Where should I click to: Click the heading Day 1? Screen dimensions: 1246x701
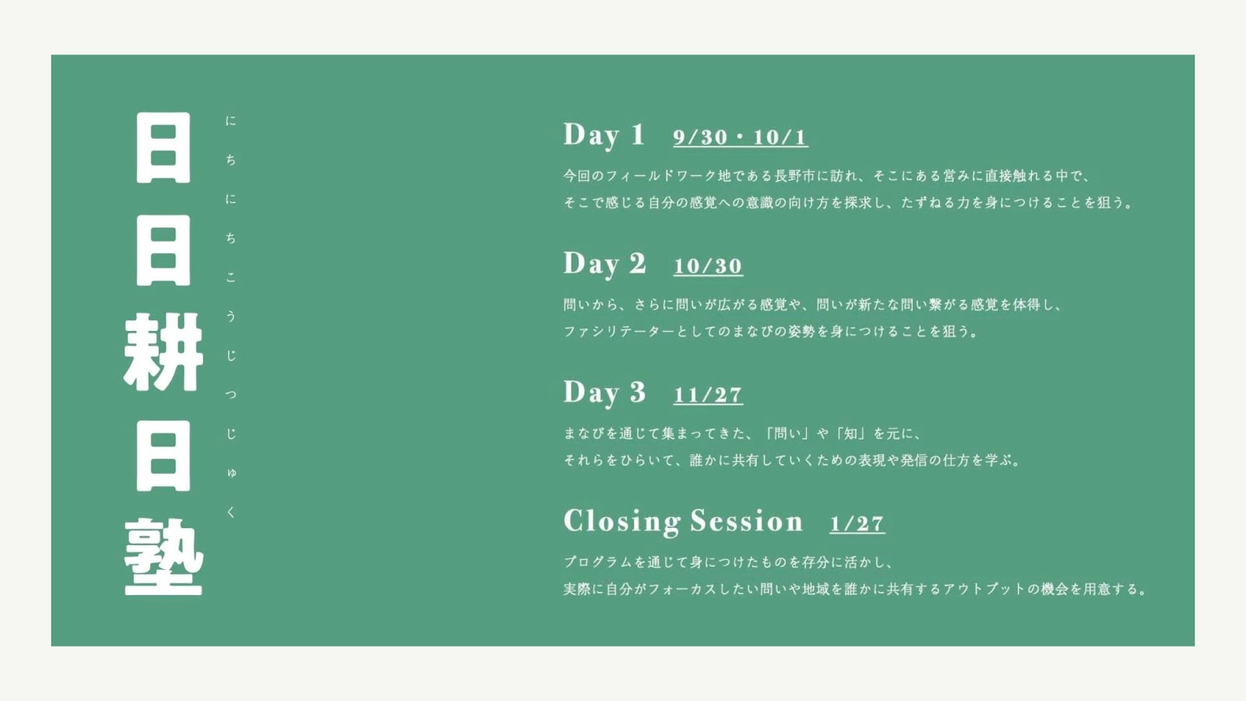point(604,136)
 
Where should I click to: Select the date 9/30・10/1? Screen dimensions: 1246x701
point(741,137)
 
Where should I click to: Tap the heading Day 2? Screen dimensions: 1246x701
point(604,265)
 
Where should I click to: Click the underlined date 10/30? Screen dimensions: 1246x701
point(708,266)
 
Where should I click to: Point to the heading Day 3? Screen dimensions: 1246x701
point(604,393)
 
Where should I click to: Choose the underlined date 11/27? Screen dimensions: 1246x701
point(708,395)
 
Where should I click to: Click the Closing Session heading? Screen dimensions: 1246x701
point(683,522)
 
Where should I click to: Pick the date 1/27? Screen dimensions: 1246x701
point(857,524)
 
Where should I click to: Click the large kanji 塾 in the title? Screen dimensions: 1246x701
point(163,558)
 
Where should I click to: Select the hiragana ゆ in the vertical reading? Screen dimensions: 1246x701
point(231,473)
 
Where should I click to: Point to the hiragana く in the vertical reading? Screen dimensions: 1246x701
point(231,513)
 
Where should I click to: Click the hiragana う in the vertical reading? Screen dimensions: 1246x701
point(231,316)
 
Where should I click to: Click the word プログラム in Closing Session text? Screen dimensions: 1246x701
point(598,562)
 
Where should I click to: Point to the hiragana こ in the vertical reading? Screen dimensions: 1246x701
point(231,277)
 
